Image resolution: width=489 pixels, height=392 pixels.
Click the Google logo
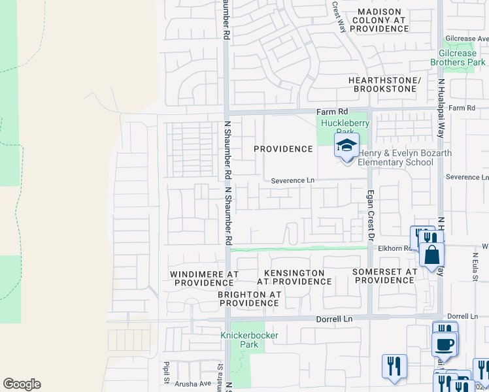tap(22, 384)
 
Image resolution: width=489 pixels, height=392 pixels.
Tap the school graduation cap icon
tap(346, 146)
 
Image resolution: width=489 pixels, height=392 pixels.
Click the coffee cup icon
tap(445, 343)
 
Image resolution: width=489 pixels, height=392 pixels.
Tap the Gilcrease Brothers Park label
tap(458, 58)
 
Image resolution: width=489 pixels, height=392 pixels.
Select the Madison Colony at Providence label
tap(379, 20)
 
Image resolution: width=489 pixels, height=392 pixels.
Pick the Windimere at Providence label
tap(201, 278)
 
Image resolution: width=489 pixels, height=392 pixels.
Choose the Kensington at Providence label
tap(294, 277)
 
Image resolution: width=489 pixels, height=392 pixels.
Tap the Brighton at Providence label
tap(249, 299)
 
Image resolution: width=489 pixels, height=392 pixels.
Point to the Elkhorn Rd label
tap(396, 248)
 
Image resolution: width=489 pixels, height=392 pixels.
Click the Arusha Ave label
tap(193, 384)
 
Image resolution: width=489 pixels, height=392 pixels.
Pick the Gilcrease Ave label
tap(465, 39)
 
